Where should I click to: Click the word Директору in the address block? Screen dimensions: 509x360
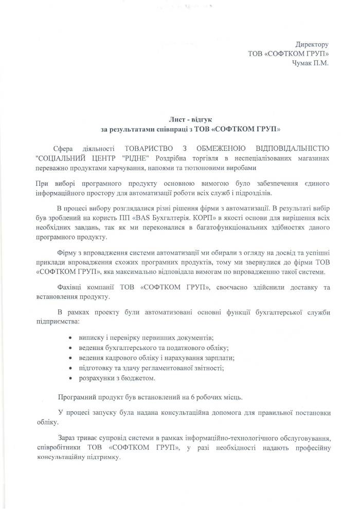point(312,44)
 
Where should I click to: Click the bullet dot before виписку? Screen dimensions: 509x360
point(70,337)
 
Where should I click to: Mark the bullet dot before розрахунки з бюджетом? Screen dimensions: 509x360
point(70,378)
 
